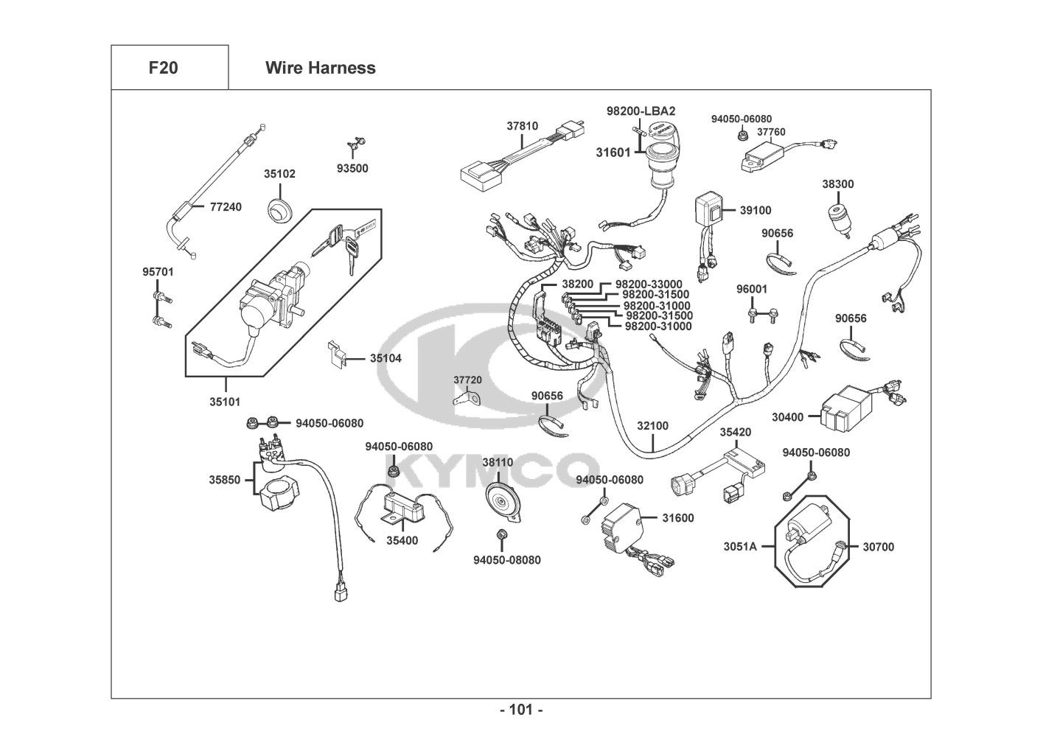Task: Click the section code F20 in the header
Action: (x=163, y=68)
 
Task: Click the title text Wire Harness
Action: (x=320, y=68)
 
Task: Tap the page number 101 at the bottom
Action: (x=521, y=710)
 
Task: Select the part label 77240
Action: (x=226, y=207)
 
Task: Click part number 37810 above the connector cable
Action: (x=522, y=126)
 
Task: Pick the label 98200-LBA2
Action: (x=641, y=111)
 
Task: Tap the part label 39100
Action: (x=756, y=210)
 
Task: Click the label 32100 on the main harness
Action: (x=652, y=426)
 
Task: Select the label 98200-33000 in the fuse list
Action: (x=648, y=284)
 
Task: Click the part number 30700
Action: (x=878, y=547)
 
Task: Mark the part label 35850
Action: (x=225, y=480)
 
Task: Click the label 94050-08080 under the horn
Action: (x=506, y=560)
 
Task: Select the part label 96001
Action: (x=752, y=290)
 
